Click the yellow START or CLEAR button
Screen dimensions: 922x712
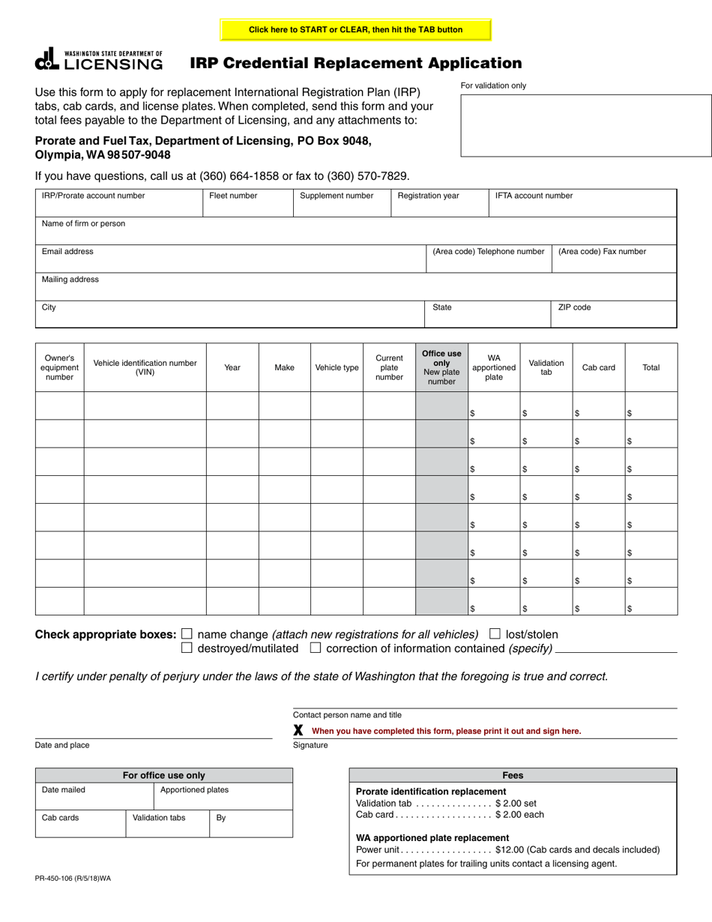point(355,30)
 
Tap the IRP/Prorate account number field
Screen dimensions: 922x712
point(119,203)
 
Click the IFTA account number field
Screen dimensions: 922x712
point(582,203)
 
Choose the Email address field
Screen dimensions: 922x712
point(231,259)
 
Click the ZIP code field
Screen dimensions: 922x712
point(614,314)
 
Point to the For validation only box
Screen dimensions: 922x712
point(585,125)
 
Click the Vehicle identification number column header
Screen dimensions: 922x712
point(145,367)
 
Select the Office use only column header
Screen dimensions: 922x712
point(441,367)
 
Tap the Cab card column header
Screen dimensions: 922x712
point(598,368)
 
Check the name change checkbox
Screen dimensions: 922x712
point(187,633)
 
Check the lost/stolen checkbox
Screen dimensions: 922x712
point(495,633)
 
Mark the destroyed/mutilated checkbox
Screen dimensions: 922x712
point(187,648)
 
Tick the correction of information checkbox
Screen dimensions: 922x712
point(316,648)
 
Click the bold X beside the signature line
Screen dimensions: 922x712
point(298,730)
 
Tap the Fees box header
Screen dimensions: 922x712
point(513,776)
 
